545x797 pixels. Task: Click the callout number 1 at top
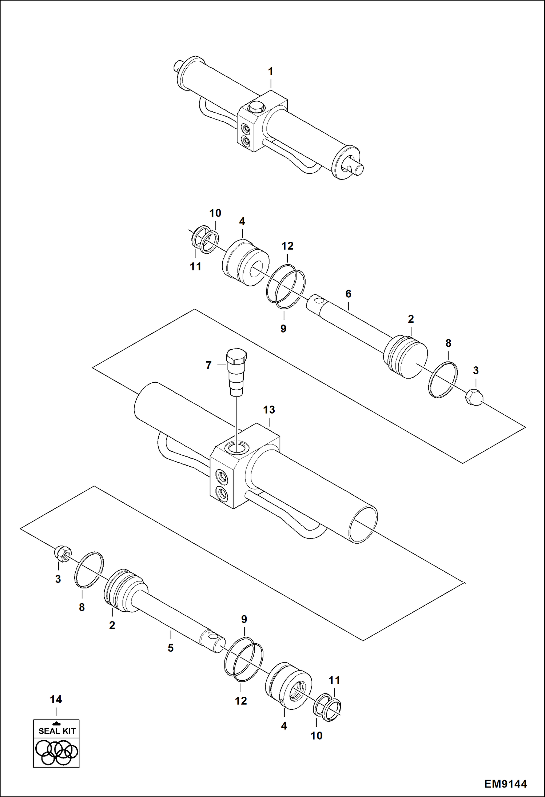(x=270, y=72)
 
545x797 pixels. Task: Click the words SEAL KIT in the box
(x=57, y=731)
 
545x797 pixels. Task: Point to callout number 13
(x=269, y=410)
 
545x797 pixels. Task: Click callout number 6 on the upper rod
(x=348, y=294)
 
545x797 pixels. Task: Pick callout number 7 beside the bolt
(x=208, y=365)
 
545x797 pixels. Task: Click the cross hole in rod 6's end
(x=319, y=301)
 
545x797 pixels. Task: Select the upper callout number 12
(x=287, y=246)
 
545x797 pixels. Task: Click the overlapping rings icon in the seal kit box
(x=56, y=752)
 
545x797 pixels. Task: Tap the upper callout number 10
(x=215, y=213)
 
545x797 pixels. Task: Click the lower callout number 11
(x=334, y=680)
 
